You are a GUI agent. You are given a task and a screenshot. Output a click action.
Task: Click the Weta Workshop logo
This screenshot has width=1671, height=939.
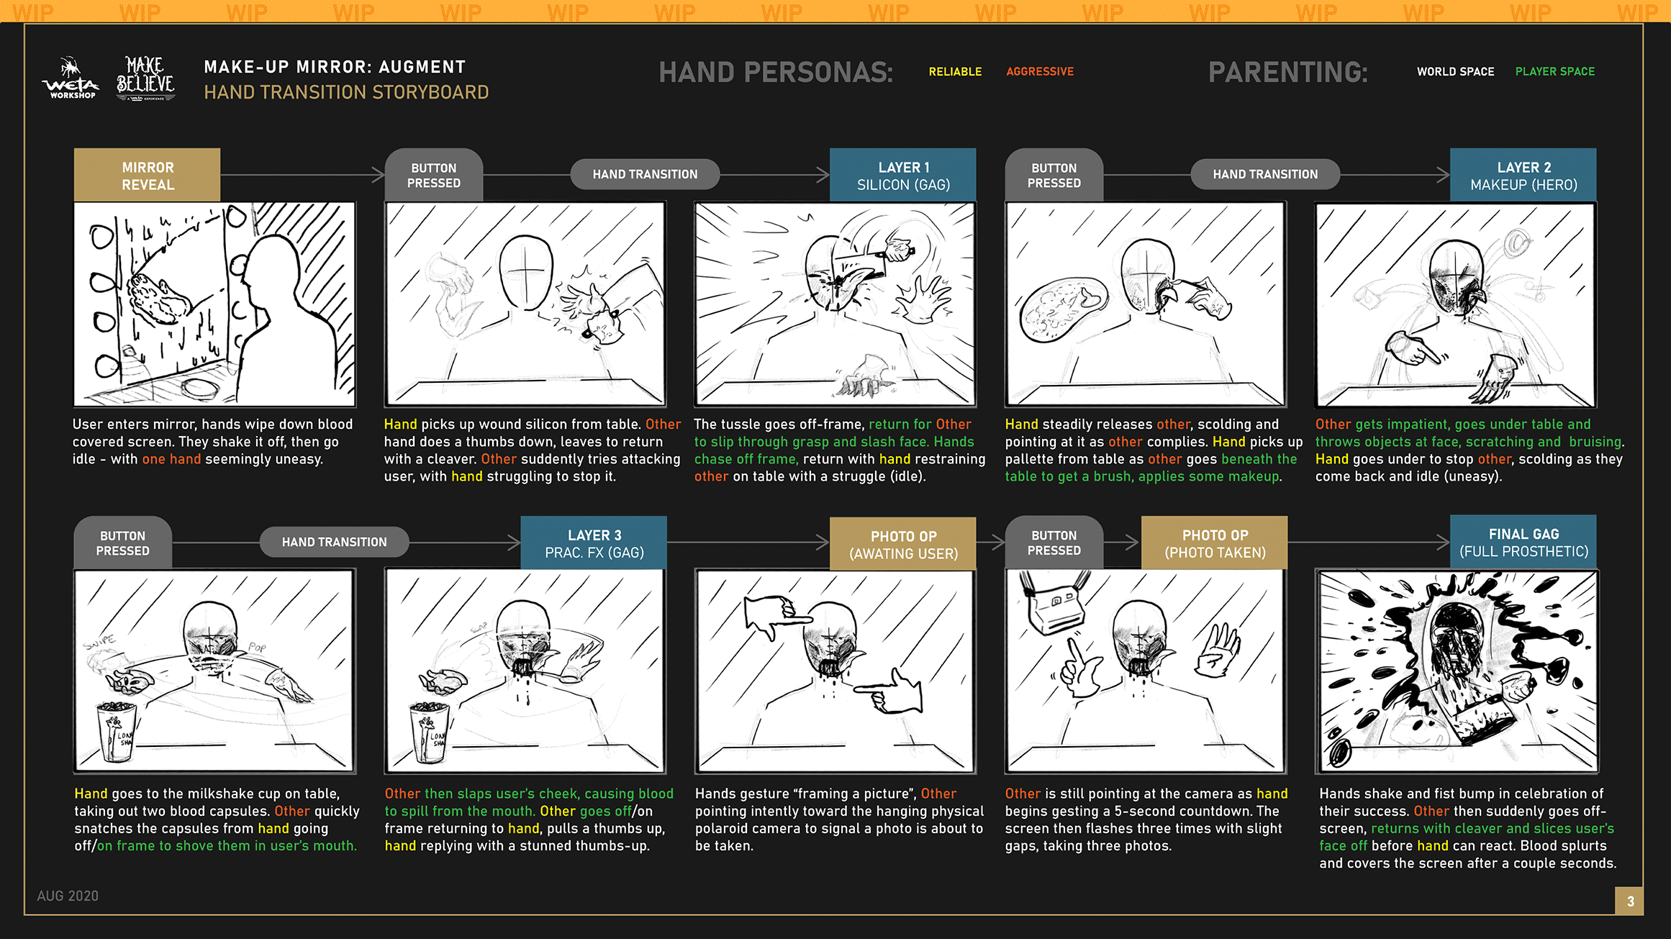click(71, 78)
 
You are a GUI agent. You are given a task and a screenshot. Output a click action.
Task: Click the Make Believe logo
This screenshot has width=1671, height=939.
click(145, 78)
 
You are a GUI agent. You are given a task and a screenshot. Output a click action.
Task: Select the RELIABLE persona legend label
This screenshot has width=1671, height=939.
click(955, 72)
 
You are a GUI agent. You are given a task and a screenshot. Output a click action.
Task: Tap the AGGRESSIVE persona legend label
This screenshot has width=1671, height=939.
click(1040, 72)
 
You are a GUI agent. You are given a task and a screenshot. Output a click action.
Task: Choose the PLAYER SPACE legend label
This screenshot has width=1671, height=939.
click(1554, 72)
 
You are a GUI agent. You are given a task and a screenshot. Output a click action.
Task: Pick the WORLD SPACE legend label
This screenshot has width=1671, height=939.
click(1455, 72)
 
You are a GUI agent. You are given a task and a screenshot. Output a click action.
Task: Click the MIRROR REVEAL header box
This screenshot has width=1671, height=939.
click(148, 175)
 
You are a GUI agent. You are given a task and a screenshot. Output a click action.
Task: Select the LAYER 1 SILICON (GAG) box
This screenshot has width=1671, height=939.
click(903, 175)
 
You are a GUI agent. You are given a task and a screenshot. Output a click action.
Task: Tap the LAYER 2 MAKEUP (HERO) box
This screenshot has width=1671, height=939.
click(1523, 175)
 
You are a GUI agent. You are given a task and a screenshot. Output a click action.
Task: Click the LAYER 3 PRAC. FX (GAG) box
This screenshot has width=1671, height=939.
click(594, 543)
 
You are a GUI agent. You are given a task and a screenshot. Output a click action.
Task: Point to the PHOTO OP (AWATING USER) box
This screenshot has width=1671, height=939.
click(903, 544)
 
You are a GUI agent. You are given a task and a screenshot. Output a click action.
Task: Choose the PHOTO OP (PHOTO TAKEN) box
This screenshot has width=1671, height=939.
click(1215, 543)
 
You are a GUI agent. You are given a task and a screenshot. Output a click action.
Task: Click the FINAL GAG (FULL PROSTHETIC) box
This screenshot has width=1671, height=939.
click(1523, 542)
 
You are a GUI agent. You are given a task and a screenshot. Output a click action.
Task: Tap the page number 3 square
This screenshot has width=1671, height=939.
click(1630, 901)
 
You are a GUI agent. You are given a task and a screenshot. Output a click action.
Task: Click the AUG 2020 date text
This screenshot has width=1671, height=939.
click(68, 896)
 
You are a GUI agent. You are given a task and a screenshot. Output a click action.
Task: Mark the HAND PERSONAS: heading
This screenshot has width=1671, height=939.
click(776, 72)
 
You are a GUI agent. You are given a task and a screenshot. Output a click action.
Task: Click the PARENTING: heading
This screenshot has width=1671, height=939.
click(1288, 72)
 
